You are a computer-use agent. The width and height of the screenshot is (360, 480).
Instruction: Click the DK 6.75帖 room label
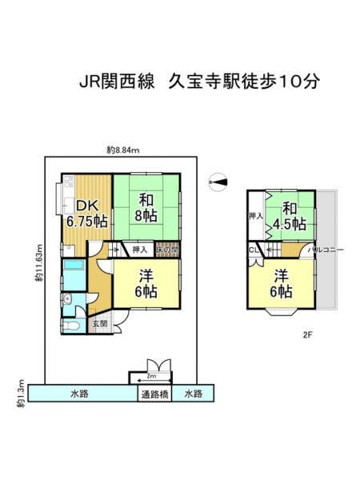(87, 214)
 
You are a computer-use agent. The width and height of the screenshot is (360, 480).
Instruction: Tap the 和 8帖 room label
(146, 208)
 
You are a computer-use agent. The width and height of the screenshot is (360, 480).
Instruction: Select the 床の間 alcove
(167, 250)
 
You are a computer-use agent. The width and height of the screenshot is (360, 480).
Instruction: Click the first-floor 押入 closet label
(140, 250)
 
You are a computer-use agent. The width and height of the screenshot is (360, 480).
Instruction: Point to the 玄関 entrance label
(100, 323)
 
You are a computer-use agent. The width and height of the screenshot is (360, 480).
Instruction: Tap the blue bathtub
(74, 265)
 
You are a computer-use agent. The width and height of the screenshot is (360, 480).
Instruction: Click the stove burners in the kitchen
(69, 181)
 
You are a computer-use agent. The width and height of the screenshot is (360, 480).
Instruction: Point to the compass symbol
(218, 182)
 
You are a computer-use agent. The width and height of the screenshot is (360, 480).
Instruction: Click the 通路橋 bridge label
(154, 394)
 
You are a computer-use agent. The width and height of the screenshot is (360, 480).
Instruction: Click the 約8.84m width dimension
(123, 150)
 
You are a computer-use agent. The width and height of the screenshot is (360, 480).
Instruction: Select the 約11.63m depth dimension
(38, 263)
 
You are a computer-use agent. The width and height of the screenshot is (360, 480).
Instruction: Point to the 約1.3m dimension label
(21, 394)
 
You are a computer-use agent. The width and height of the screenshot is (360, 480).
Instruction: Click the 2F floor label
(307, 335)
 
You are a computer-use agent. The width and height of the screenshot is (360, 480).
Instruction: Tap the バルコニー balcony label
(326, 250)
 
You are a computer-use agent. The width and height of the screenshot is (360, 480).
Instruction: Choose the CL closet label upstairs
(254, 250)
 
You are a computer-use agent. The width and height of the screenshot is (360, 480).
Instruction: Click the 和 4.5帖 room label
(290, 217)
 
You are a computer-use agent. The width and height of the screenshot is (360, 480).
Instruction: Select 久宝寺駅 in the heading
(205, 82)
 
